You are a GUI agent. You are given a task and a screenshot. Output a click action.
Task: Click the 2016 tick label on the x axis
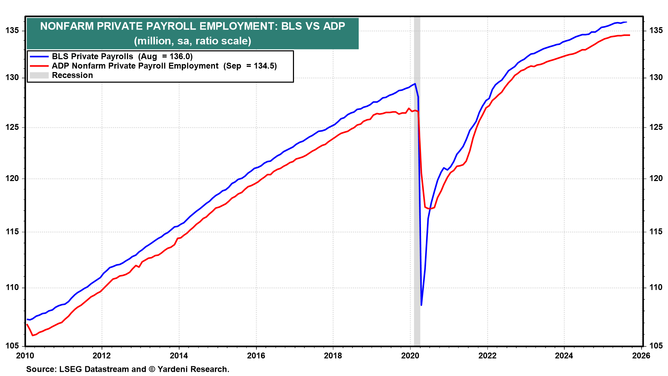(x=256, y=355)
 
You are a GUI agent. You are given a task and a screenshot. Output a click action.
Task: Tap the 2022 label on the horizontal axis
(x=487, y=355)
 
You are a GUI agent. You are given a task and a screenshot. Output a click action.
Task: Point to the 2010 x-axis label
(x=25, y=355)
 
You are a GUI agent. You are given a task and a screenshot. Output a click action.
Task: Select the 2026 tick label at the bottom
(x=641, y=355)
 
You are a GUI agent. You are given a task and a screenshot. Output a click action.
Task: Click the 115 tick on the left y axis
(x=12, y=232)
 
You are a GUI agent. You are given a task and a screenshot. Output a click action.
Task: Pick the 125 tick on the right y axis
(x=656, y=127)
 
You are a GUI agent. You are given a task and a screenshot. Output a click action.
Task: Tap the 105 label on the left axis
(x=12, y=346)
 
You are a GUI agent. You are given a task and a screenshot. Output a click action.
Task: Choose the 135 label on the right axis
(x=656, y=31)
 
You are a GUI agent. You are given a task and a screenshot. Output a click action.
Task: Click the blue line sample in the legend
(x=39, y=56)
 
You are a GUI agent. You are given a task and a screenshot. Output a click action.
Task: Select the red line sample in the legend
(x=39, y=66)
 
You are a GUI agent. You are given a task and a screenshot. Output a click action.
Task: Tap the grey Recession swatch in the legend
(x=39, y=75)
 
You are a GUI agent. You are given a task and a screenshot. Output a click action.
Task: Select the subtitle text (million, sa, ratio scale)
(x=192, y=41)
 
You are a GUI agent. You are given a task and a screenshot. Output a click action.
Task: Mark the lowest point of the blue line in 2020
(x=421, y=305)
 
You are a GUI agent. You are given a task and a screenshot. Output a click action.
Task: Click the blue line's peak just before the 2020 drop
(x=415, y=84)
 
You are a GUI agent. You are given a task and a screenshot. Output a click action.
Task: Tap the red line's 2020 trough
(x=430, y=209)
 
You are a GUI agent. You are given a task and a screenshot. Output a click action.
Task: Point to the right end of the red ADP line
(x=629, y=35)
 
